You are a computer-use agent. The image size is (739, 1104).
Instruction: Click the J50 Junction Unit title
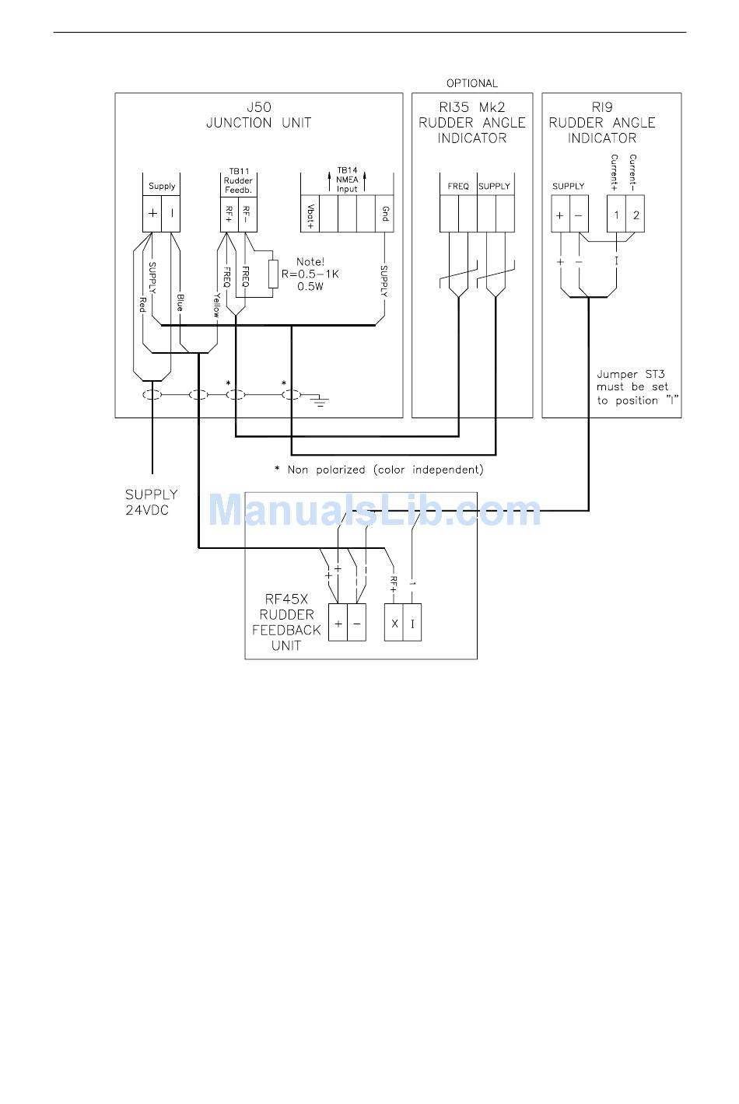259,115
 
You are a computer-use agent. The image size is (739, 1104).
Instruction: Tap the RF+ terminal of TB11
229,214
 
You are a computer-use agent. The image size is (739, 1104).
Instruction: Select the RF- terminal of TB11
247,214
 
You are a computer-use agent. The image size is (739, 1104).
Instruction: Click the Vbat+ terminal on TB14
310,214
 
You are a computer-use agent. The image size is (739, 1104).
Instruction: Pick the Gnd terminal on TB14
384,214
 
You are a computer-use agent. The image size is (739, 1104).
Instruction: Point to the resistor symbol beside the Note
272,274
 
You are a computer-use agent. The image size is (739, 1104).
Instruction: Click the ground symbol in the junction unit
320,401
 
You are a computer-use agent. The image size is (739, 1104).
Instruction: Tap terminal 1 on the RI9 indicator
616,214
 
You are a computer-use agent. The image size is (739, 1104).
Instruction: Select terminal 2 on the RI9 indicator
635,214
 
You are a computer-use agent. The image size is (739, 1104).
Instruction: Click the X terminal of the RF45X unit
394,623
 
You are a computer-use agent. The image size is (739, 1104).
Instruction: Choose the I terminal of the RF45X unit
412,623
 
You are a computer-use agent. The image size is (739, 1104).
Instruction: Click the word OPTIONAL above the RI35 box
472,83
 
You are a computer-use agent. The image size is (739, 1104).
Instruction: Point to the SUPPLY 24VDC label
151,502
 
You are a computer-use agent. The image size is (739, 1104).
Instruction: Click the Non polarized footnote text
379,470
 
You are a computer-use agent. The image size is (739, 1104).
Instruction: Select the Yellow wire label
216,305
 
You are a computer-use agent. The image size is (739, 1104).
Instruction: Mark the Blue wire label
180,302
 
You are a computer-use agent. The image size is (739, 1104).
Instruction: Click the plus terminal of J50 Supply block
152,214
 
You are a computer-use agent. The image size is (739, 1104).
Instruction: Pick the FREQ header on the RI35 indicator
458,187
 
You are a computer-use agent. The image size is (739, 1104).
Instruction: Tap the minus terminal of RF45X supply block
356,623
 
